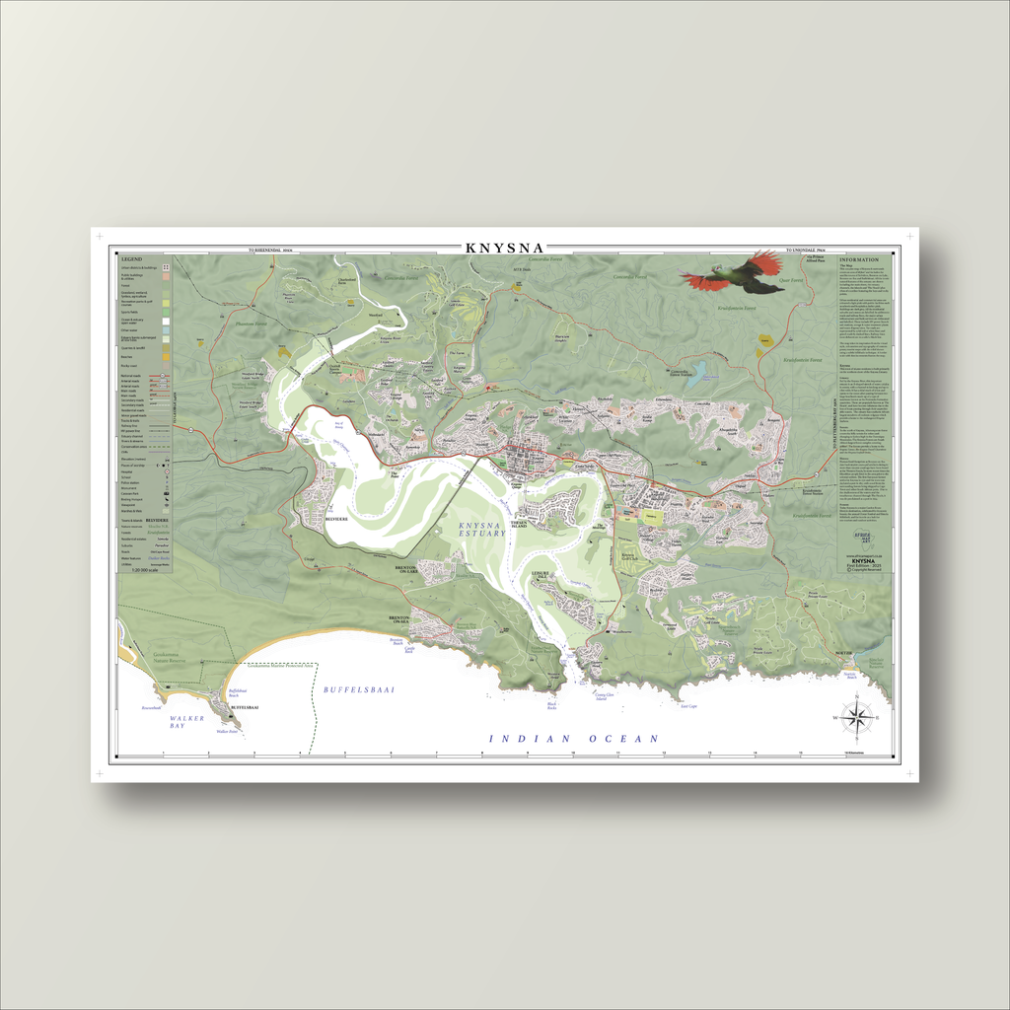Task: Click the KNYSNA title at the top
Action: point(505,248)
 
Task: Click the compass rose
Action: point(858,716)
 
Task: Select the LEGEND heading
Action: point(131,259)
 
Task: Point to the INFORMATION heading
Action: point(858,259)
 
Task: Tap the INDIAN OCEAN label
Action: point(574,738)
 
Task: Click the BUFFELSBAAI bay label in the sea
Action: point(359,689)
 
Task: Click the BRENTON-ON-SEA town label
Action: point(398,620)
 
